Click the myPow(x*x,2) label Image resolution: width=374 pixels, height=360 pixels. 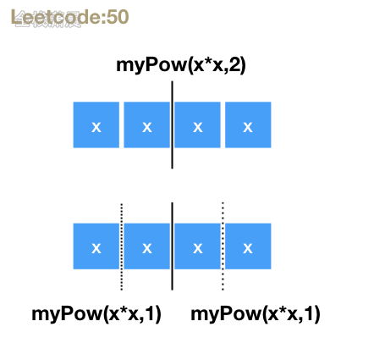180,64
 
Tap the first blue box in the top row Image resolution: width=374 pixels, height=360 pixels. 96,125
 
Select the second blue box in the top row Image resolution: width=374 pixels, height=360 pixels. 146,125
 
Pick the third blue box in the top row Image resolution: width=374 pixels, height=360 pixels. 198,125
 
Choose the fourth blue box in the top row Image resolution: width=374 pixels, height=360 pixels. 248,125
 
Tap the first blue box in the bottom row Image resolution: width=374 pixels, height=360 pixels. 96,246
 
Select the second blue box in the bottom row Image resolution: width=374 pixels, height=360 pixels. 146,246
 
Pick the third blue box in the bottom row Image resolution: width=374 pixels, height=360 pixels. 198,246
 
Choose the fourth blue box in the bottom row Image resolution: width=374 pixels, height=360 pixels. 248,246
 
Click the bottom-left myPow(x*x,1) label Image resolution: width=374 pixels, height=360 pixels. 96,313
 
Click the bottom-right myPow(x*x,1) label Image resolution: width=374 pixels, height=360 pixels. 256,313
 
